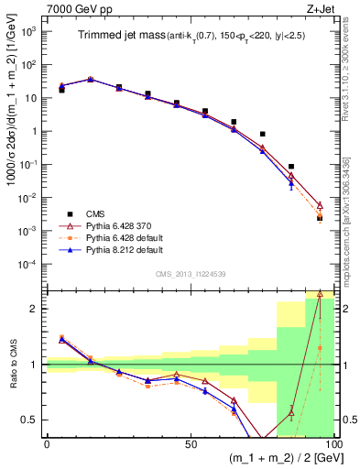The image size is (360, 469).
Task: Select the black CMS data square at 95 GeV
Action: click(320, 218)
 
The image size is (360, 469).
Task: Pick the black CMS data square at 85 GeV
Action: click(291, 167)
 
